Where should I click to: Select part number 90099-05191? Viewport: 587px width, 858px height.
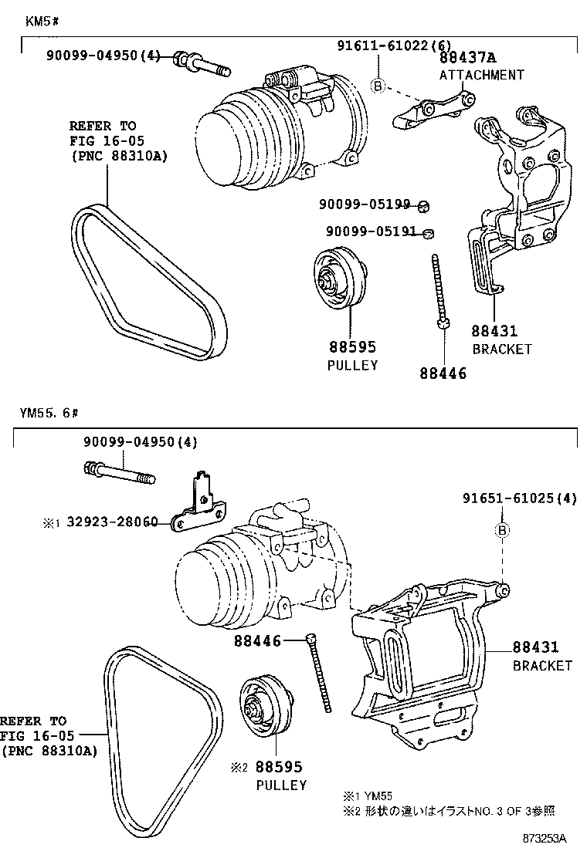tap(371, 231)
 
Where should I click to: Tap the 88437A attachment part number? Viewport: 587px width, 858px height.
tap(468, 58)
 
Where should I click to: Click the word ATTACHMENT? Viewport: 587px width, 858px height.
tap(481, 75)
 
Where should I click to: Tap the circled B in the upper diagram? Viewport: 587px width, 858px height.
tap(378, 86)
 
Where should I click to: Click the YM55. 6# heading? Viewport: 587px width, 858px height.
tap(49, 413)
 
